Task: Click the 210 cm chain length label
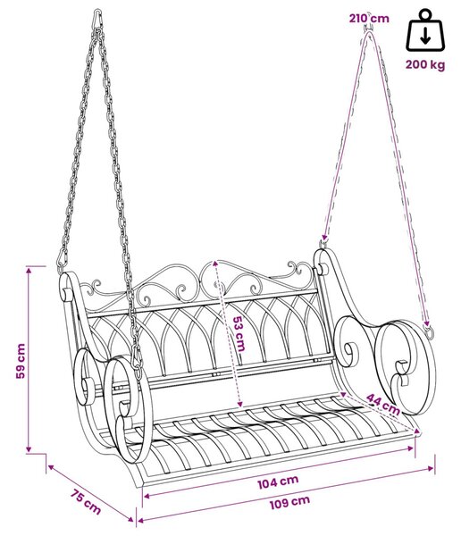(369, 18)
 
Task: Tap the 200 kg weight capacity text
(425, 64)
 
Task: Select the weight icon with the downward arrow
(425, 30)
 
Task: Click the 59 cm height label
(21, 361)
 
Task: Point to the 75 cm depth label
(86, 502)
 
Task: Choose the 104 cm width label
(278, 482)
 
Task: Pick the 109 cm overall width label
(290, 502)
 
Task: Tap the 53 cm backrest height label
(239, 333)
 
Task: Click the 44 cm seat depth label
(382, 404)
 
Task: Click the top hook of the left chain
(97, 19)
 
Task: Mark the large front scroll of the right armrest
(406, 366)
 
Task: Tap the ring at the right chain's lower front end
(429, 331)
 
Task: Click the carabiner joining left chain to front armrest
(137, 359)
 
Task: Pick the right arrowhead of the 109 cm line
(431, 468)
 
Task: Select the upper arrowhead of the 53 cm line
(215, 264)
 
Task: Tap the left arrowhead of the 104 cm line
(147, 496)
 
